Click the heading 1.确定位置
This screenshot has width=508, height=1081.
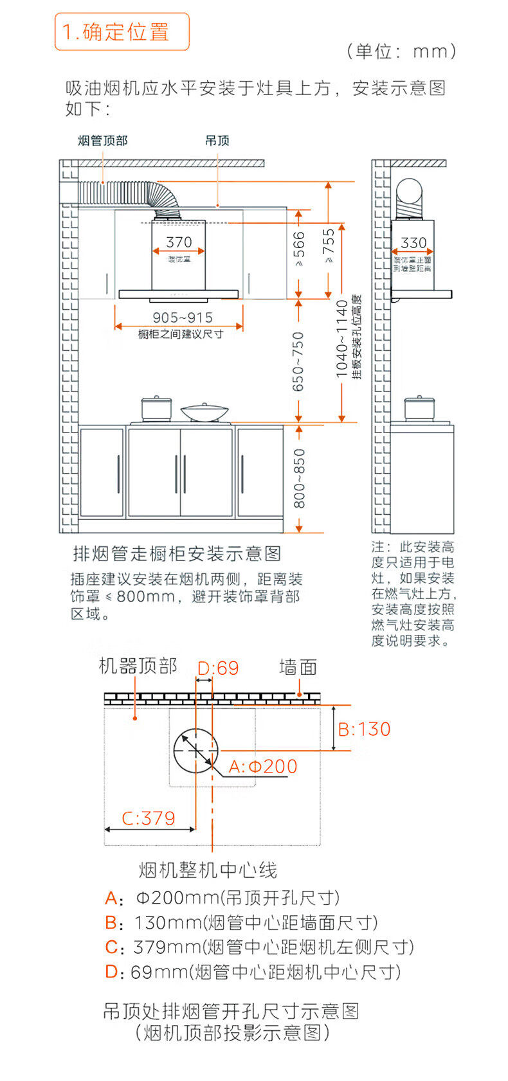122,31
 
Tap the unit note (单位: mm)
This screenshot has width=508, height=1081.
402,51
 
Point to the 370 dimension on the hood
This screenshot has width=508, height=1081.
178,242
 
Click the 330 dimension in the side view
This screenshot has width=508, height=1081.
413,242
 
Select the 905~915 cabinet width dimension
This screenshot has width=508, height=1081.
182,317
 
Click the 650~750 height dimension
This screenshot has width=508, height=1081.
298,361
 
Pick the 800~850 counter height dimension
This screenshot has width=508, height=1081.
300,478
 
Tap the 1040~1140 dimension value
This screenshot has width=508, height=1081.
343,339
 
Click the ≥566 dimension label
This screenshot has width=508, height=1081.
299,249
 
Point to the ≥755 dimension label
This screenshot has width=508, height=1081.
329,246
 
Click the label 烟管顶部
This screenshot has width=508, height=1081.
102,141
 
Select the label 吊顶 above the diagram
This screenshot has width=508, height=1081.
217,141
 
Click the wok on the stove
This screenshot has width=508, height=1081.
204,413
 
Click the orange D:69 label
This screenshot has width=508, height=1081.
218,668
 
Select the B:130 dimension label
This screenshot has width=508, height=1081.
364,729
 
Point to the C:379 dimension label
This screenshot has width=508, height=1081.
149,818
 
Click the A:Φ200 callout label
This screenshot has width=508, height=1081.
264,766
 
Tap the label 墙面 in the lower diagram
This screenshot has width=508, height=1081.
298,667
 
